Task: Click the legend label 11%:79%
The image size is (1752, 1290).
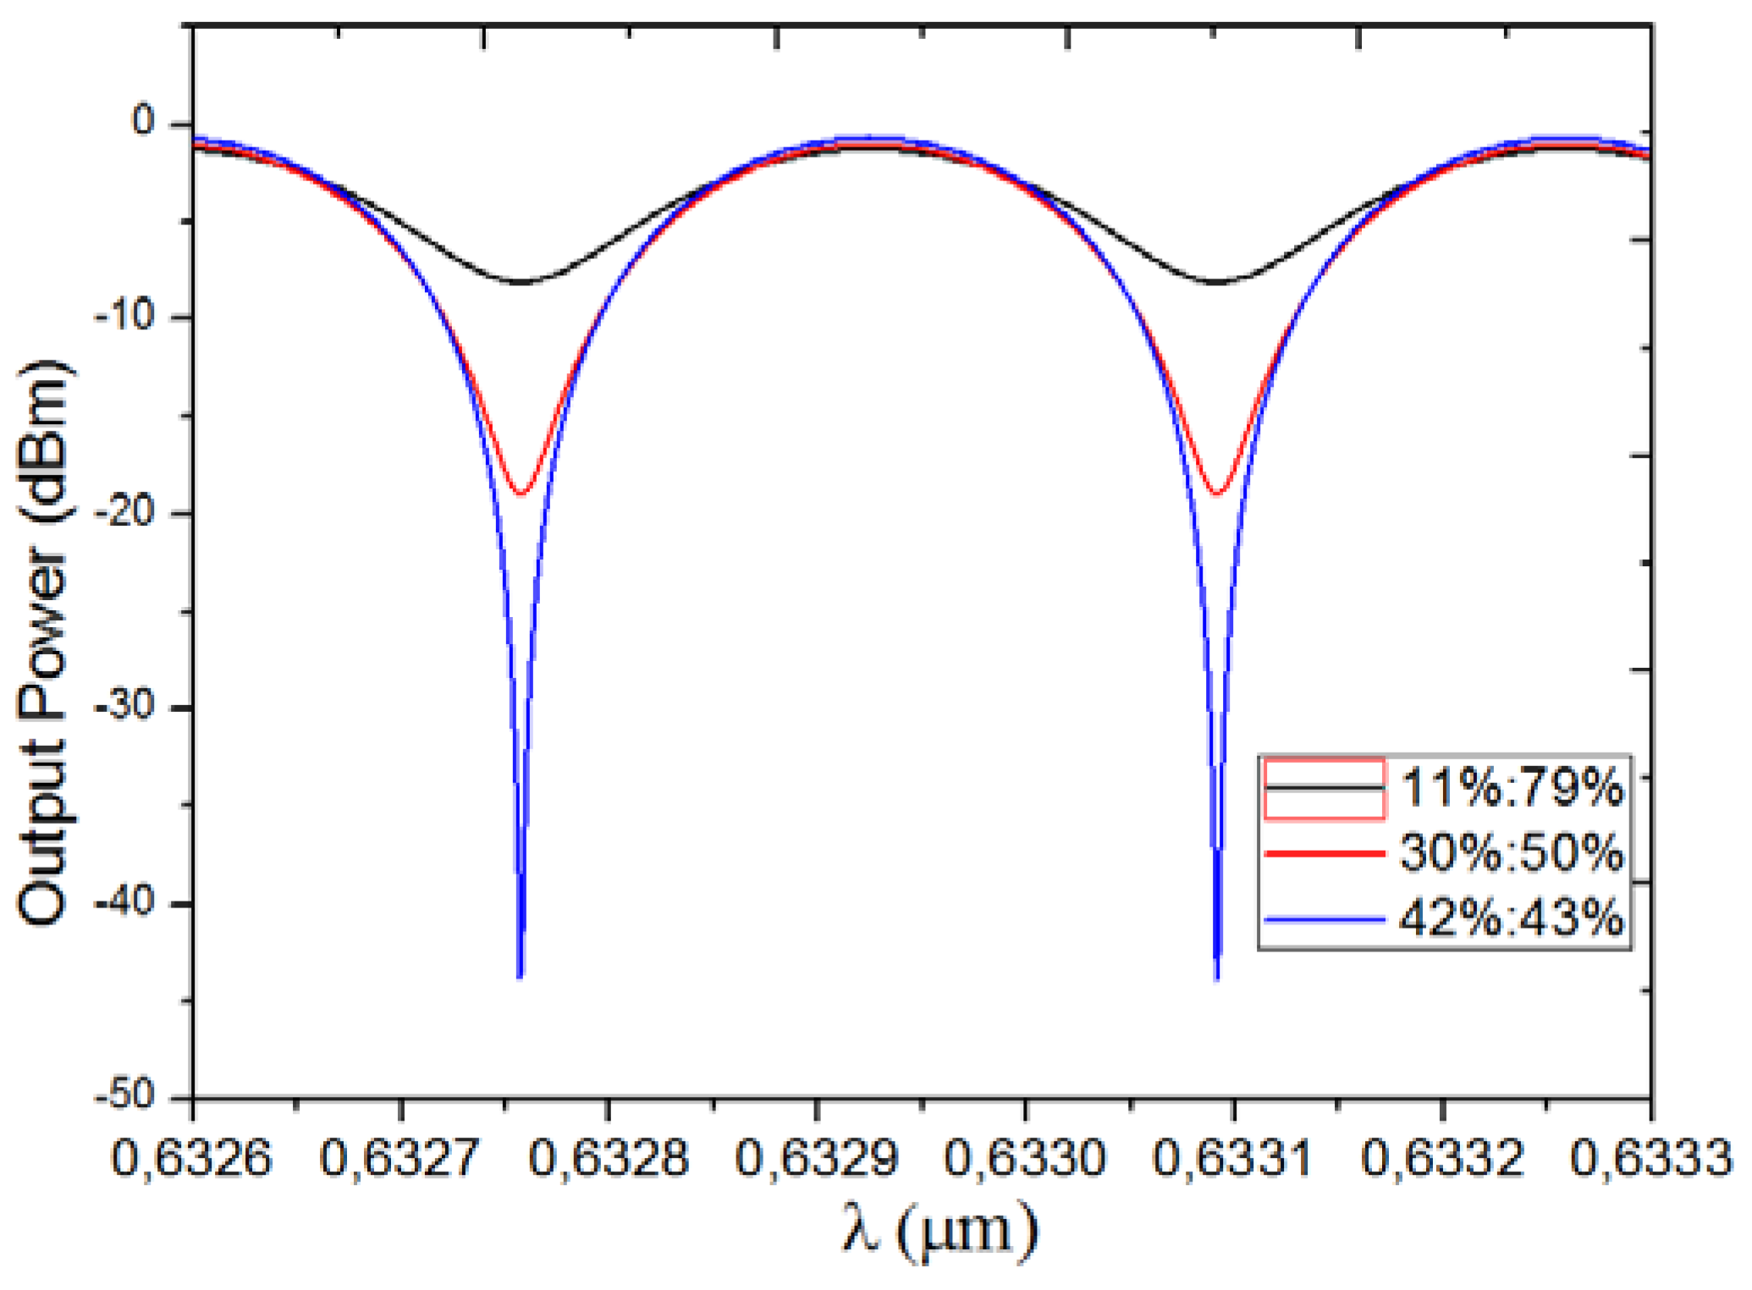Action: pyautogui.click(x=1512, y=787)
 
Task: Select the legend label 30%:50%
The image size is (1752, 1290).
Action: pyautogui.click(x=1512, y=852)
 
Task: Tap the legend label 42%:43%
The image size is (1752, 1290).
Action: pyautogui.click(x=1512, y=918)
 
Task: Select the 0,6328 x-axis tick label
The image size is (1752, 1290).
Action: pyautogui.click(x=609, y=1158)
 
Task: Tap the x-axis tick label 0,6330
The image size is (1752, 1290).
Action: pyautogui.click(x=1025, y=1158)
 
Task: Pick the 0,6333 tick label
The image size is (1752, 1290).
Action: pyautogui.click(x=1650, y=1158)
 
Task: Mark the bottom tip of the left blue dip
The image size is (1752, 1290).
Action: pyautogui.click(x=520, y=977)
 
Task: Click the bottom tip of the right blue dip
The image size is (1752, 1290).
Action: pyautogui.click(x=1217, y=978)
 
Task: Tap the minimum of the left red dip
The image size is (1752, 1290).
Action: pyautogui.click(x=521, y=493)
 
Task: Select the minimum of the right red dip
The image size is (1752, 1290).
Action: pyautogui.click(x=1218, y=493)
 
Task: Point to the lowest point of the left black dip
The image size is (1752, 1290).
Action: pyautogui.click(x=520, y=282)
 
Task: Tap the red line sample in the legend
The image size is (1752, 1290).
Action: pyautogui.click(x=1325, y=853)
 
